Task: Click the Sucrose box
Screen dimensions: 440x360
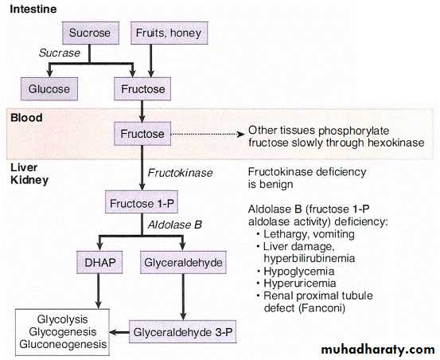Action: [91, 33]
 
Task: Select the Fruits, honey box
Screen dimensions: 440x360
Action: [169, 33]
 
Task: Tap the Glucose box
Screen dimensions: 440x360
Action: [49, 89]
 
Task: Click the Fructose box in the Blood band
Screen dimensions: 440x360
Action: [142, 134]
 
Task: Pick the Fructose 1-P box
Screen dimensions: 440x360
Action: [142, 202]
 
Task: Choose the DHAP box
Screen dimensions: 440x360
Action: [99, 262]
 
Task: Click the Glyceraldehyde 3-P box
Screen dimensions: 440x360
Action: [183, 331]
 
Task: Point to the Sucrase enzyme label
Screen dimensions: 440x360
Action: [60, 53]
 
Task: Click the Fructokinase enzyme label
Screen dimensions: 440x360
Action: [180, 173]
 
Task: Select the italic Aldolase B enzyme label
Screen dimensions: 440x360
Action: [175, 225]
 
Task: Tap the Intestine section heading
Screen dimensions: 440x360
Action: [33, 9]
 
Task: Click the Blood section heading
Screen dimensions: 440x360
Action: [26, 117]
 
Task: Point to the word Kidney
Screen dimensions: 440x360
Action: [29, 180]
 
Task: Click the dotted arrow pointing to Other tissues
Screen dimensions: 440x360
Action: [208, 135]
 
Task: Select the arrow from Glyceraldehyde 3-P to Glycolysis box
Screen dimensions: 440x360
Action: [119, 332]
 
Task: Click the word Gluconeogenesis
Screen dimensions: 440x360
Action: [63, 344]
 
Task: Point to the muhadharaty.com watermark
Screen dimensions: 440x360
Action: [378, 350]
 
